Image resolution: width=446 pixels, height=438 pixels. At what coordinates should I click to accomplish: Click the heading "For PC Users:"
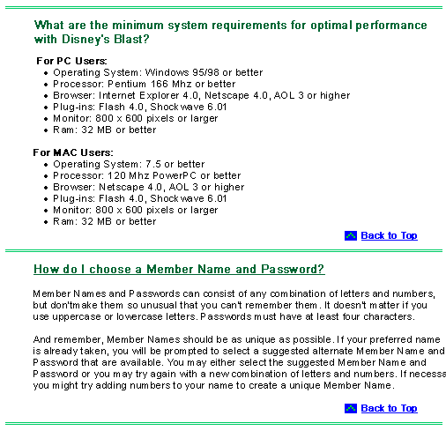pyautogui.click(x=71, y=61)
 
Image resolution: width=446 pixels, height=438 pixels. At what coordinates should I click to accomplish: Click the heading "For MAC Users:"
pyautogui.click(x=73, y=152)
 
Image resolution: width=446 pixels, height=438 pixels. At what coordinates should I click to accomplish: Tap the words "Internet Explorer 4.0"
pyautogui.click(x=148, y=95)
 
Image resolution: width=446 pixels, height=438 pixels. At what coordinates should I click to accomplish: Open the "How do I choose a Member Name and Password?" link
pyautogui.click(x=179, y=269)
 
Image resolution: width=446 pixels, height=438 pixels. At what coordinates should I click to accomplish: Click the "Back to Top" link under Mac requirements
pyautogui.click(x=389, y=235)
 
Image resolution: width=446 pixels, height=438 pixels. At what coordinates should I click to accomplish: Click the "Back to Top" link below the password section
pyautogui.click(x=389, y=408)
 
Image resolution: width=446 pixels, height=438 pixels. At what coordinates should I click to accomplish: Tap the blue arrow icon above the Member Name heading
pyautogui.click(x=351, y=235)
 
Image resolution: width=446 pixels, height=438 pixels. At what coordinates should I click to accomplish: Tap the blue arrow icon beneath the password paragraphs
pyautogui.click(x=351, y=408)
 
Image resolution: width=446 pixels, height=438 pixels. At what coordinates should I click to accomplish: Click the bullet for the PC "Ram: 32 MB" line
pyautogui.click(x=46, y=130)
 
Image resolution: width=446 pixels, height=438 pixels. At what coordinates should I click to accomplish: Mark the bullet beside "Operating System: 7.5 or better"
pyautogui.click(x=46, y=165)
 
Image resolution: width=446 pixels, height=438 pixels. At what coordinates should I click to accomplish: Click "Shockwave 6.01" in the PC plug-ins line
pyautogui.click(x=189, y=107)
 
